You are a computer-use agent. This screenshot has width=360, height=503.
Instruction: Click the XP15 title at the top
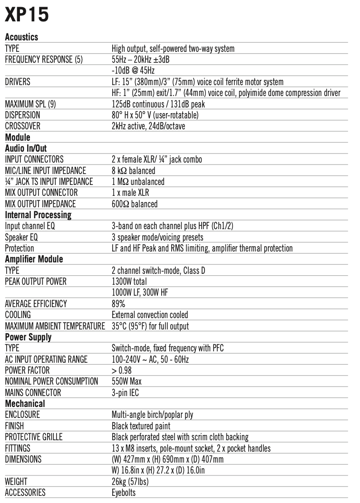click(27, 15)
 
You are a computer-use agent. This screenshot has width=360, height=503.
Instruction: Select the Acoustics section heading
click(21, 37)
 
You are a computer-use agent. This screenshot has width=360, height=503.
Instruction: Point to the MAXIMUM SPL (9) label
click(31, 104)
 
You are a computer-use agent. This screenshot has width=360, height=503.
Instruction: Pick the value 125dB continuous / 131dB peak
click(158, 104)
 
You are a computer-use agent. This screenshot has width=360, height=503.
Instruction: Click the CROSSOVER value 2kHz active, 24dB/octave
click(149, 126)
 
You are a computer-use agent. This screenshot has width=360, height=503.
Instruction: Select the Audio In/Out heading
click(26, 148)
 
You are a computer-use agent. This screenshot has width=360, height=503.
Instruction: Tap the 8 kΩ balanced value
click(133, 170)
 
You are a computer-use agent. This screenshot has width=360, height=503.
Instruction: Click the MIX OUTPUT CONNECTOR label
click(41, 193)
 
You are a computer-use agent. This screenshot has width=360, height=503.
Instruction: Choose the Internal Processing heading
click(38, 215)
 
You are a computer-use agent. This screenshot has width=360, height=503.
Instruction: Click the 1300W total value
click(129, 281)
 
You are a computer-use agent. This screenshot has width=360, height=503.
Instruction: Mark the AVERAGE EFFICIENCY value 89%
click(118, 303)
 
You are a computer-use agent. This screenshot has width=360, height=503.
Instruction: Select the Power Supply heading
click(28, 337)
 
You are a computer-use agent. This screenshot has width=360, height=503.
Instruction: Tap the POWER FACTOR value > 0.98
click(122, 370)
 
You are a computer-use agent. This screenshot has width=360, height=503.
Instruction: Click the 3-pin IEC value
click(125, 392)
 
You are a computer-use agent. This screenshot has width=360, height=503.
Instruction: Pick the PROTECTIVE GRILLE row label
click(34, 437)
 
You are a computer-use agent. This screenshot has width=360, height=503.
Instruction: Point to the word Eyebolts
click(124, 493)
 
